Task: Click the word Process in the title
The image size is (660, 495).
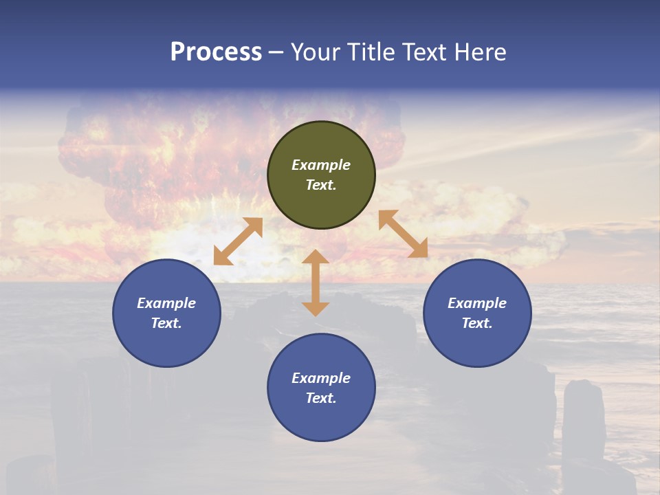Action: coord(216,52)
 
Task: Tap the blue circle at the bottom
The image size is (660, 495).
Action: coord(321,419)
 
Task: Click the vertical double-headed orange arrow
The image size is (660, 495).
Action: coord(316,283)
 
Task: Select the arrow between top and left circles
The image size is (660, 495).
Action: coord(238,241)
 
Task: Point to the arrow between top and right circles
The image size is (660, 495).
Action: coord(403,234)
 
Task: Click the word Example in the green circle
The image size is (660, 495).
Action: coord(321,165)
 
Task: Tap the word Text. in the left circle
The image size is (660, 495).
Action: coord(166,323)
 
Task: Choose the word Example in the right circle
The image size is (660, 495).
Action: coord(477,303)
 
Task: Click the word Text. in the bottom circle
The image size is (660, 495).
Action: coord(321,398)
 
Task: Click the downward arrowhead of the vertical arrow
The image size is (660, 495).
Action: coord(316,309)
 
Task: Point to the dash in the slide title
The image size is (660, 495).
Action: coord(276,52)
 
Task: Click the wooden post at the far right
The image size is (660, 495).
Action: coord(584,419)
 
